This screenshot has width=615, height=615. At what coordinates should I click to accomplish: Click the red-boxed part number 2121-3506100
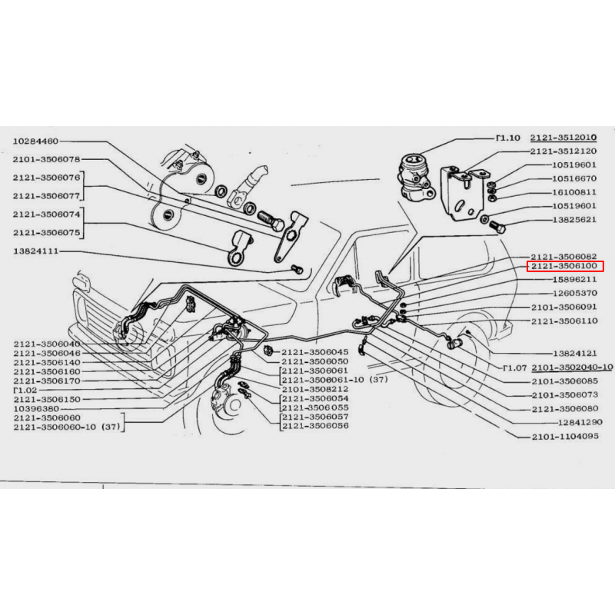(x=564, y=266)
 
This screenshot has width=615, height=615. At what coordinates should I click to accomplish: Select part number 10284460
(x=35, y=141)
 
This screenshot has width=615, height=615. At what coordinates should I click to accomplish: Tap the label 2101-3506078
(x=46, y=159)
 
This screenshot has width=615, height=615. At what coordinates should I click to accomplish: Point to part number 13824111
(x=35, y=251)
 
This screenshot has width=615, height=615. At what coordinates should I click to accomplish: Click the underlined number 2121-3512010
(x=563, y=138)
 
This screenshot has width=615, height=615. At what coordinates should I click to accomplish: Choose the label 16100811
(x=574, y=192)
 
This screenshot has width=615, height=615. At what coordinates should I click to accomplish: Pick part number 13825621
(x=574, y=220)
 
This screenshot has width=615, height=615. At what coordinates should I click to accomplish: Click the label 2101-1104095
(x=565, y=437)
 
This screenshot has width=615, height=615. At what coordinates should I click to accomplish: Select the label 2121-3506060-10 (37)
(x=67, y=427)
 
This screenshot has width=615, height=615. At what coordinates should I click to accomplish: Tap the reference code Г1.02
(x=25, y=391)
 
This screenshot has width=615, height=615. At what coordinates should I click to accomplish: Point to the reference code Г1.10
(x=508, y=138)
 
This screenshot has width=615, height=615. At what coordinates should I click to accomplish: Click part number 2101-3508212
(x=315, y=389)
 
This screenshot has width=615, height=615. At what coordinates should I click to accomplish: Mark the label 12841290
(x=580, y=422)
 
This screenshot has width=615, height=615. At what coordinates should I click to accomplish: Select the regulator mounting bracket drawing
(x=464, y=193)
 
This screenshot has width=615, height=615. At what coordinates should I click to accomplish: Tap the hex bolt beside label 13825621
(x=497, y=226)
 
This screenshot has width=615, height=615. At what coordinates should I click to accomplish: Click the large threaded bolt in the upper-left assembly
(x=271, y=221)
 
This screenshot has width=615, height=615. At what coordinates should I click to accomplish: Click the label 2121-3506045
(x=314, y=352)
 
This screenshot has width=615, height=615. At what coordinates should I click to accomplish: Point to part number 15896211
(x=574, y=280)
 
